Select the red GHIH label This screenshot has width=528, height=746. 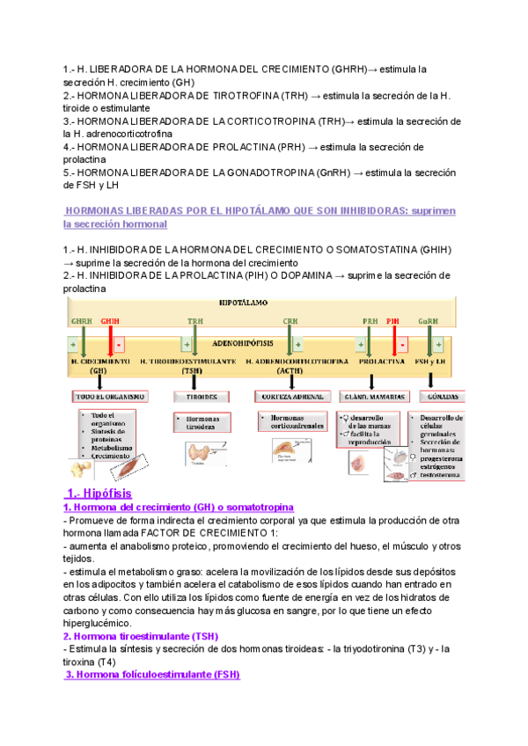(111, 321)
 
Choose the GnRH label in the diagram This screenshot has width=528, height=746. (429, 321)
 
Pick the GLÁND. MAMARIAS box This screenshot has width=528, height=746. (371, 397)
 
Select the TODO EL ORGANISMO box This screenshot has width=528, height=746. (110, 397)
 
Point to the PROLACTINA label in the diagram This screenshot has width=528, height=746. (381, 362)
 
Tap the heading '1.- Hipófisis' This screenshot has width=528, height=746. (99, 494)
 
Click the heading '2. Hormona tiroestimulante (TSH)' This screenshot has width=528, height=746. (140, 636)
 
